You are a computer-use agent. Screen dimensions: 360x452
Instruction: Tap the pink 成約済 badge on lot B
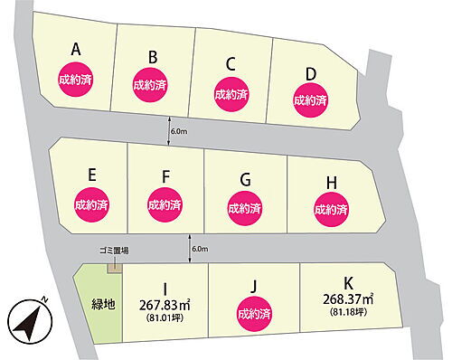click(150, 85)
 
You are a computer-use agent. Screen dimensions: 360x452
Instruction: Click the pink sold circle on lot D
click(309, 94)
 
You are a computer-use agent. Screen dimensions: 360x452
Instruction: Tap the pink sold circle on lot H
click(330, 209)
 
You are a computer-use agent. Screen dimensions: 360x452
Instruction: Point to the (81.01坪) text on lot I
click(165, 317)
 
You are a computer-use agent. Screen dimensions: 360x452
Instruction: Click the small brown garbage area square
click(113, 265)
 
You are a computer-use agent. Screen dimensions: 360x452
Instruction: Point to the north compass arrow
click(27, 319)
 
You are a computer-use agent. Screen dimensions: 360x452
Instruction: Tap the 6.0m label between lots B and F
click(178, 131)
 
